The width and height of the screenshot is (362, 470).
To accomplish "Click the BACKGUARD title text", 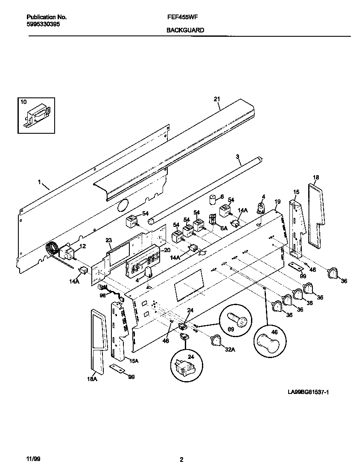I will click(185, 30).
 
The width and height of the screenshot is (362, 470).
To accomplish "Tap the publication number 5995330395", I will click(43, 24).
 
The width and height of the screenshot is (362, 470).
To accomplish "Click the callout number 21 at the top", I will click(216, 99).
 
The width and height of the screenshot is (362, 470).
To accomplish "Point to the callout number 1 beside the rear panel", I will click(39, 182).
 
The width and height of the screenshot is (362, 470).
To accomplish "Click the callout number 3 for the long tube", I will click(238, 157).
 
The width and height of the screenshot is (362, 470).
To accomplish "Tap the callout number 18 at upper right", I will click(316, 177).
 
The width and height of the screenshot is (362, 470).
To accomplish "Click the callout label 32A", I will click(230, 350).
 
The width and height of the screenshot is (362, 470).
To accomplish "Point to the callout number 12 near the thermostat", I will click(83, 246).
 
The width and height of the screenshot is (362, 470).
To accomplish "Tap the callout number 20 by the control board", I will click(167, 250).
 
